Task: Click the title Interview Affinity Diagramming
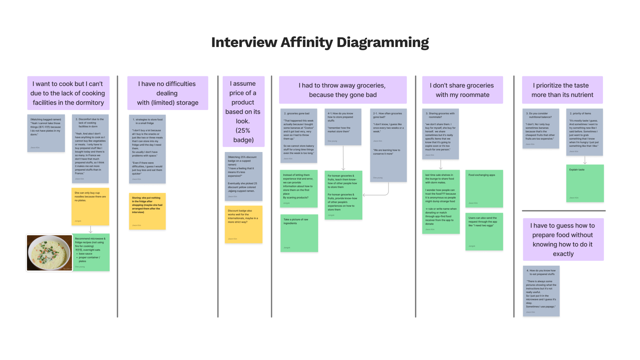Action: click(x=320, y=42)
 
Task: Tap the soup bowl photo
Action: click(x=49, y=253)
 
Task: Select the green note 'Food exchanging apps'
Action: click(x=484, y=188)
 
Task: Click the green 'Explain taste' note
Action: click(x=585, y=183)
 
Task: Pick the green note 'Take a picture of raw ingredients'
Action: click(x=299, y=233)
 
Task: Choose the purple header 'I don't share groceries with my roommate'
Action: click(x=462, y=90)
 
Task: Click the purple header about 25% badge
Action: click(x=243, y=112)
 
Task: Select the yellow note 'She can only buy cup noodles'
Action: click(x=90, y=207)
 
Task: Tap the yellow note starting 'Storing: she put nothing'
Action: click(x=147, y=211)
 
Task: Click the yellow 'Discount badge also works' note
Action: click(x=243, y=224)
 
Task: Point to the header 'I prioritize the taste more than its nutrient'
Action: click(x=562, y=90)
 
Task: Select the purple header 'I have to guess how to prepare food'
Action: click(x=563, y=239)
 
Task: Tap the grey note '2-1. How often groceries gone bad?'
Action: click(x=388, y=145)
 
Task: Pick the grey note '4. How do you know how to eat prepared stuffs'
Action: click(x=541, y=291)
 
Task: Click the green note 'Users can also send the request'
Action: click(x=484, y=231)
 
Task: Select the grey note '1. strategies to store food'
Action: click(x=147, y=149)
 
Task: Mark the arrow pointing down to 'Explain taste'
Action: click(x=585, y=160)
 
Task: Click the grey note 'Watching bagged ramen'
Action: click(x=46, y=133)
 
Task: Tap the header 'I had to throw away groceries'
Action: click(x=343, y=90)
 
